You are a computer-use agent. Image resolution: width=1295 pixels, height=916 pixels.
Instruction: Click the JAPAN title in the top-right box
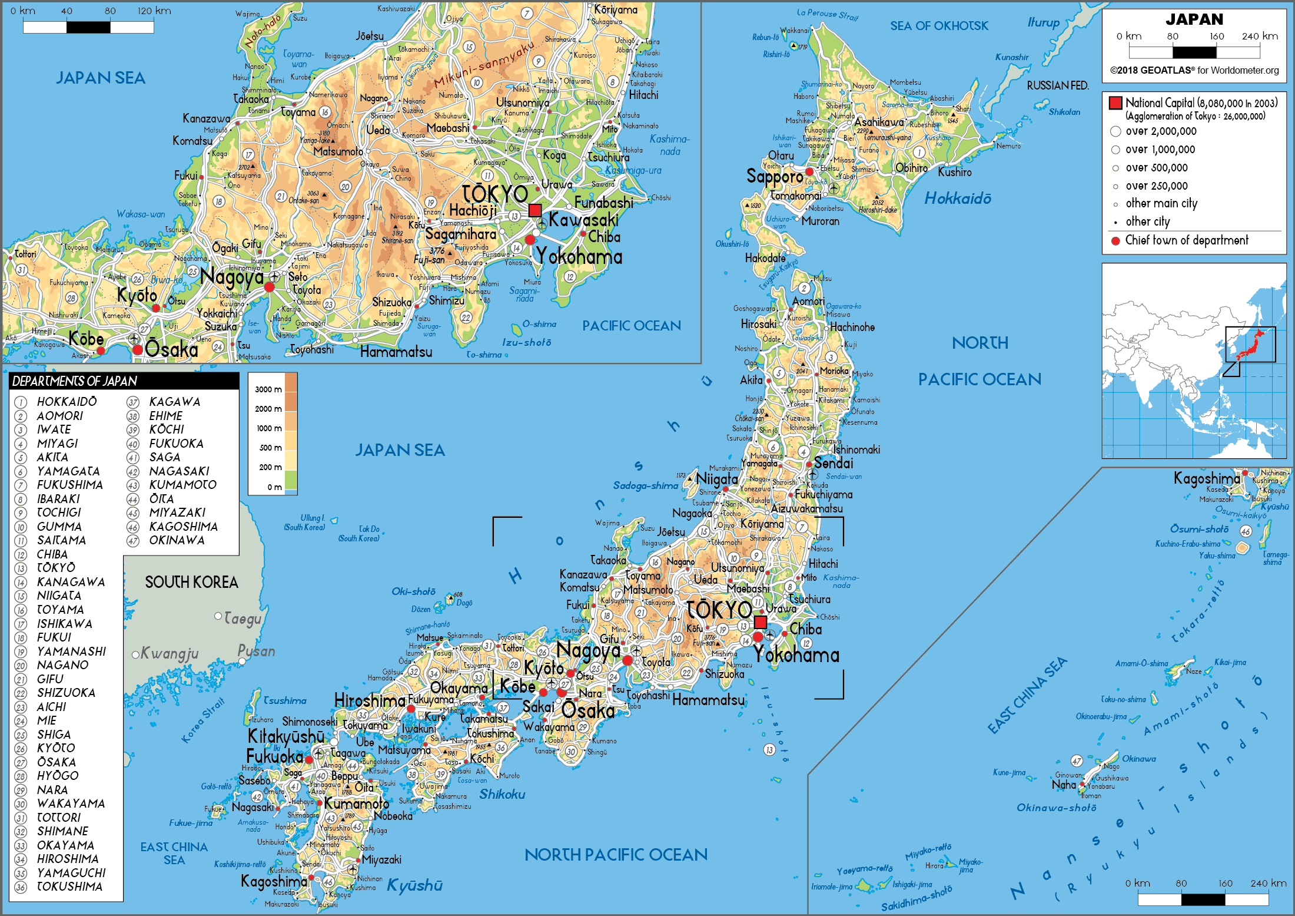coord(1194,19)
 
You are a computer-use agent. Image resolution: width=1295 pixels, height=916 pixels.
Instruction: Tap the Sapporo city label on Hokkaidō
coord(774,176)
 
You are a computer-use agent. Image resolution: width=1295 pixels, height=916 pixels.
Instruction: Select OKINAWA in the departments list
coord(177,540)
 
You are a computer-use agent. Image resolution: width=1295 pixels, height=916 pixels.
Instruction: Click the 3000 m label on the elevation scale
coord(268,389)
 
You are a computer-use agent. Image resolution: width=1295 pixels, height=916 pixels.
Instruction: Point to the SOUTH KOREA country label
coord(191,583)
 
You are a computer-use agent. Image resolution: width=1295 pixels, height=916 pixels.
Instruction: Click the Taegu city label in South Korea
coord(242,619)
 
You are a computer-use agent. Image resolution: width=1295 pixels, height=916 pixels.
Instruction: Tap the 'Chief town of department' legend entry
coord(1186,240)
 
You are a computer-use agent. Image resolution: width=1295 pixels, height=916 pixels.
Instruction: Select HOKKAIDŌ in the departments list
coord(67,402)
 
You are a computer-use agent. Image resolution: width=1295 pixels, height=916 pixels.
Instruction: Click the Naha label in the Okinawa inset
coord(1063,785)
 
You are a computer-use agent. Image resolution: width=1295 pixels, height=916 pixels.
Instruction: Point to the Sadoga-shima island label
coord(645,485)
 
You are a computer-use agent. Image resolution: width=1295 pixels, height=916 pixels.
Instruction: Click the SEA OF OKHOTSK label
coord(939,26)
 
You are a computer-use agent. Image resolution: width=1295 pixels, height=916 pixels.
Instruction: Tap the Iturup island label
coord(1043,22)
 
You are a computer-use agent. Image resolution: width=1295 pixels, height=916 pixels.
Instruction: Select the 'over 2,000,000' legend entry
coord(1160,131)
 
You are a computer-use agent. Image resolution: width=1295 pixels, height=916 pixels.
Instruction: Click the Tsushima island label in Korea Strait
coord(285,700)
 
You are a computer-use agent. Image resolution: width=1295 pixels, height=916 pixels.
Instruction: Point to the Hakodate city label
coord(765,258)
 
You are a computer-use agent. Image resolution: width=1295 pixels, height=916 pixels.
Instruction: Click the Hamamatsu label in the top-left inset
coord(396,352)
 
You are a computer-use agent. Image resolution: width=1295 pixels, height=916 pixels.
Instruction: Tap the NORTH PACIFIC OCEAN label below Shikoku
coord(615,854)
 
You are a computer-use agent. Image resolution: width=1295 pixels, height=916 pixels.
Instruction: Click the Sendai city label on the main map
coord(833,463)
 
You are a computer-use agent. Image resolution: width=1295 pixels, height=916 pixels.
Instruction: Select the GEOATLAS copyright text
coord(1194,71)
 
